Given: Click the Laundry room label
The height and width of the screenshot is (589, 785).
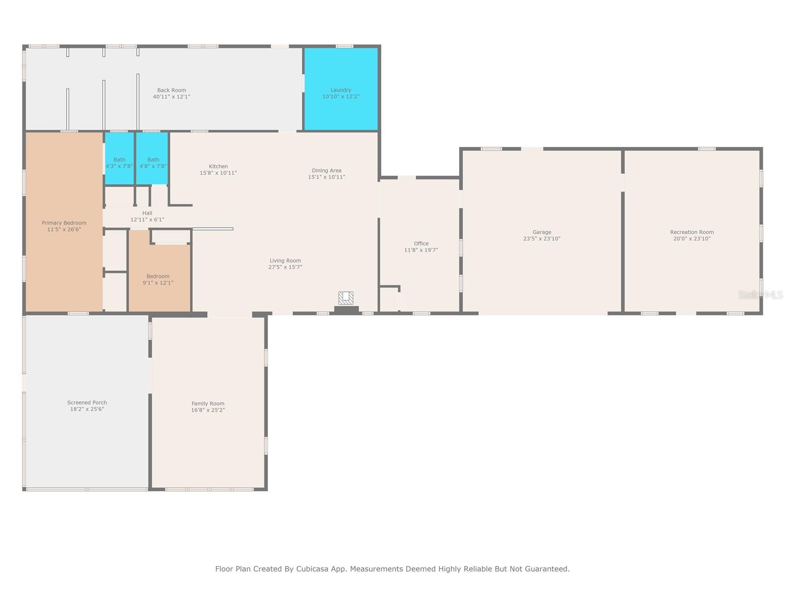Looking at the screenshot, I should click(x=340, y=90).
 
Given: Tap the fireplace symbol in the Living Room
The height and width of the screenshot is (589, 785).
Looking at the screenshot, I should click(x=346, y=298).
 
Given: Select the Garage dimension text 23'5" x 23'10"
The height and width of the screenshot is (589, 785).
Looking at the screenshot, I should click(x=542, y=239).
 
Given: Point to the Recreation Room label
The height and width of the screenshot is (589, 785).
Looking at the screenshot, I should click(x=692, y=232).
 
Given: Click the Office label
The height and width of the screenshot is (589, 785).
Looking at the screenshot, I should click(x=421, y=243).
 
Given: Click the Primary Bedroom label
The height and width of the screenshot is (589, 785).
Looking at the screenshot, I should click(x=64, y=223).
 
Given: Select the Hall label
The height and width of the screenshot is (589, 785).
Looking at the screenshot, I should click(x=147, y=213).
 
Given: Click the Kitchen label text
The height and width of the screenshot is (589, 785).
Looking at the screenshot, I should click(x=218, y=166).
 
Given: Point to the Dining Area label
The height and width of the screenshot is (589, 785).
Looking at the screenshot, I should click(x=326, y=171).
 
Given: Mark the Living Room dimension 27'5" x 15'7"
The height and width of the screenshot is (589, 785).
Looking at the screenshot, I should click(x=285, y=268).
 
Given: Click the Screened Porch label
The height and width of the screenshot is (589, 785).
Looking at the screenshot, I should click(x=87, y=402).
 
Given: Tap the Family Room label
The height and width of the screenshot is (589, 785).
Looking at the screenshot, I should click(x=208, y=404).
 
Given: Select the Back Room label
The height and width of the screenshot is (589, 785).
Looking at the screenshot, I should click(x=171, y=90).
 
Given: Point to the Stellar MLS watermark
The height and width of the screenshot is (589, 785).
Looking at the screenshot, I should click(x=760, y=294).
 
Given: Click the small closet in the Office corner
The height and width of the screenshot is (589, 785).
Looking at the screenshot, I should click(x=389, y=299).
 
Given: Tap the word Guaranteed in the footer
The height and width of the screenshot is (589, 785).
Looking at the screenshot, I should click(x=547, y=569).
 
